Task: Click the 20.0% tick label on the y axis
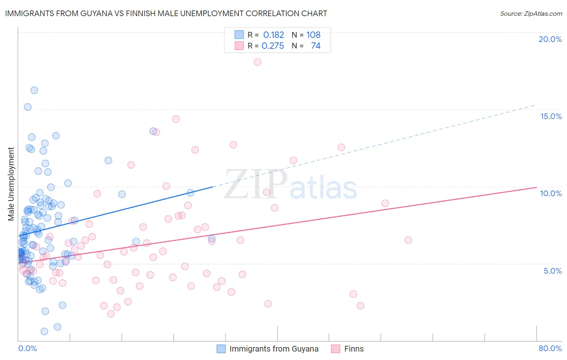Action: coord(550,39)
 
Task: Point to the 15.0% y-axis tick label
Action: coord(551,116)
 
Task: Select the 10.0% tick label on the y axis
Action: coord(551,193)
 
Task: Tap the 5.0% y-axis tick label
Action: coord(552,271)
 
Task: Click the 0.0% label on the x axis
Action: coord(27,348)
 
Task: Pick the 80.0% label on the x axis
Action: coord(550,348)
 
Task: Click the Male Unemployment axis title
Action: coord(11,184)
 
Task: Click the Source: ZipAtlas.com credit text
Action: coord(531,13)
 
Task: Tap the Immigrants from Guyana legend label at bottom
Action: coord(274,349)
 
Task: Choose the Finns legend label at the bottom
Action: coord(354,349)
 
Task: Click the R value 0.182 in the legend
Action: coord(273,35)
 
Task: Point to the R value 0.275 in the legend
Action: coord(273,46)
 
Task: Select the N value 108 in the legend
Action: coord(313,35)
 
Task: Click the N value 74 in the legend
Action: coord(315,46)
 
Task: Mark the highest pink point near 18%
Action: coord(258,62)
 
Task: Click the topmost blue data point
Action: coord(34,90)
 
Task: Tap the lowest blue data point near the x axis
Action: coord(44,331)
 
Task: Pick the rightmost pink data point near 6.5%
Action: coord(408,240)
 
